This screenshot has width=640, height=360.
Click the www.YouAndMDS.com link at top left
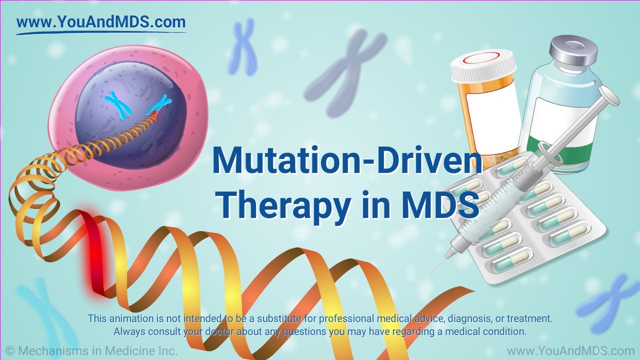tap(100, 22)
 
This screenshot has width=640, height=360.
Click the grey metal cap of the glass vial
tap(573, 52)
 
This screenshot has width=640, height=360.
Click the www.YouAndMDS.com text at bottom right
tap(570, 351)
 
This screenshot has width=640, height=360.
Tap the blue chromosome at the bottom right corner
tap(612, 300)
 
